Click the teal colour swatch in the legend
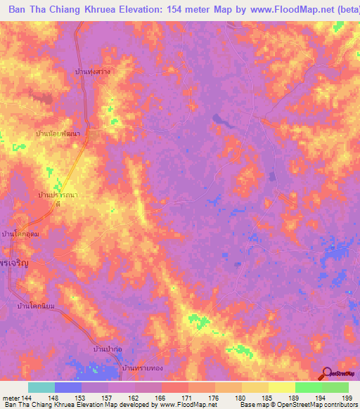click(x=41, y=387)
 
